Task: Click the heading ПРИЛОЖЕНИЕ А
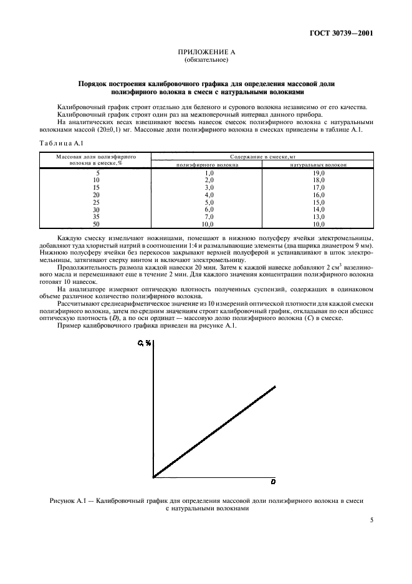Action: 206,54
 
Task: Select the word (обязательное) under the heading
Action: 206,61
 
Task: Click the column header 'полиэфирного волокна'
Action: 206,165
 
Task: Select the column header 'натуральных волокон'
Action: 318,165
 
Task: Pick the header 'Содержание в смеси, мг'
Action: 262,157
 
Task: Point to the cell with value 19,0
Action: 318,172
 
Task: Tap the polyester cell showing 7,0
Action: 209,216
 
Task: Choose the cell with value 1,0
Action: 209,172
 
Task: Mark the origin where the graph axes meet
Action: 153,477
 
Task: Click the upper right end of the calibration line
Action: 275,387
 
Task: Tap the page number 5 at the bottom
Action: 371,519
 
